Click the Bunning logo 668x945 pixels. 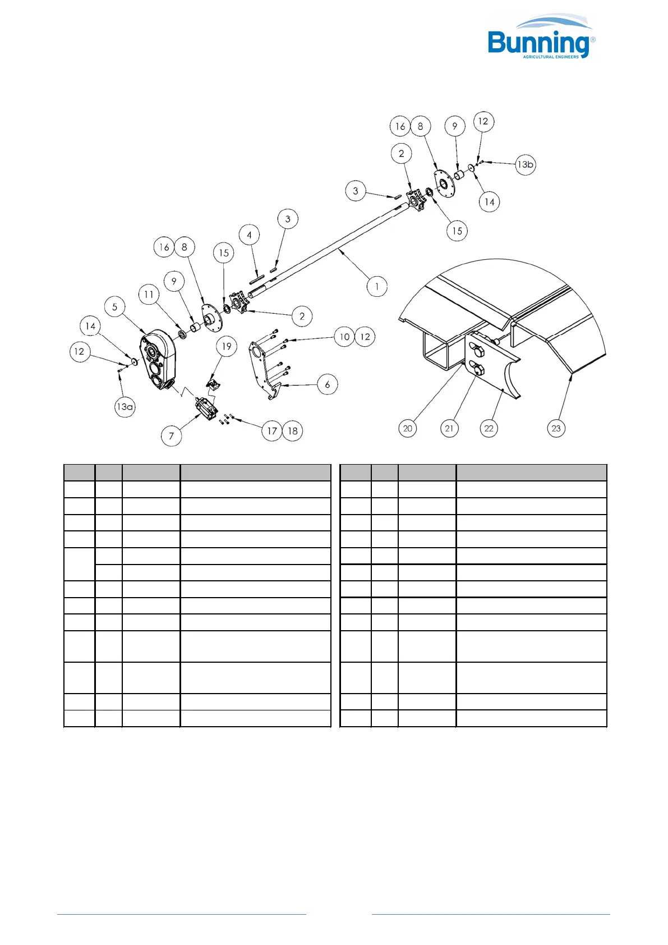point(540,38)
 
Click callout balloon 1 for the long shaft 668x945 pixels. point(377,287)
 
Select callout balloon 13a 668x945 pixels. point(125,407)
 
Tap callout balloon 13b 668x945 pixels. point(526,164)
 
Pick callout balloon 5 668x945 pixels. point(115,307)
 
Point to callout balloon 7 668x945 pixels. point(172,435)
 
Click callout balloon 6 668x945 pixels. point(328,384)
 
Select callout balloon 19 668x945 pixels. point(227,346)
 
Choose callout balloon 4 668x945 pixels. point(250,235)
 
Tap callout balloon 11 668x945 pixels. point(149,295)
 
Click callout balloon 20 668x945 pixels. point(408,428)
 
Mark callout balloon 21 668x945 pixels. point(449,428)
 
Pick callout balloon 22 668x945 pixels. point(489,428)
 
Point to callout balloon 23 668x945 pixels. point(556,428)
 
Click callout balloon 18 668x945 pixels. point(293,431)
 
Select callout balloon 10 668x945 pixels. point(345,337)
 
